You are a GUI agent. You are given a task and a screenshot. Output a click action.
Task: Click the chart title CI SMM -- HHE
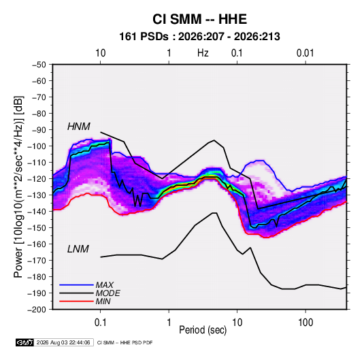coord(199,19)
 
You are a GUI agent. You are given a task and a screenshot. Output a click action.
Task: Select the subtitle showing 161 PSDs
coord(199,37)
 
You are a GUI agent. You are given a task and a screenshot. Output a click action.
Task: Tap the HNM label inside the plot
coord(79,127)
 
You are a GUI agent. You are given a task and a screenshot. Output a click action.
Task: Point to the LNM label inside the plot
coord(78,249)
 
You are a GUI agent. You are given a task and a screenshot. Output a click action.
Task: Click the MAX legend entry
coord(105,285)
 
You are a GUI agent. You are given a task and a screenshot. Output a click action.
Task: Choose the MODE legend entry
coord(107,293)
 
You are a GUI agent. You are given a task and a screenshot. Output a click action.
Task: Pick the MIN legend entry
coord(103,301)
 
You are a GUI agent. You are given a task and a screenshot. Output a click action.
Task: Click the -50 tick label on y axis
coord(39,65)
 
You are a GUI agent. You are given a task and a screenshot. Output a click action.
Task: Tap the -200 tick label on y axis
coord(37,310)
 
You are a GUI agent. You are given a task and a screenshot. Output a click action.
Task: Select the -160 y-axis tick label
coord(37,244)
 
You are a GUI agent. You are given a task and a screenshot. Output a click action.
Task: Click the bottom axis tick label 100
coord(305,323)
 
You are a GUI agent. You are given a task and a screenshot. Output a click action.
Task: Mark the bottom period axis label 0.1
coord(100,323)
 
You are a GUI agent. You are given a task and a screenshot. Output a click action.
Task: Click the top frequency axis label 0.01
coord(305,53)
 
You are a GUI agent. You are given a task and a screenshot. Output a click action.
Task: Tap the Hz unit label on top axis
coord(203,53)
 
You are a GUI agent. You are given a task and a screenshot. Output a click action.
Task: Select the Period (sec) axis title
coord(203,330)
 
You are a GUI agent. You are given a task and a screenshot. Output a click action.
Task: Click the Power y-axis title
coord(18,186)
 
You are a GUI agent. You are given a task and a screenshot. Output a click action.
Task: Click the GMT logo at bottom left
coord(25,342)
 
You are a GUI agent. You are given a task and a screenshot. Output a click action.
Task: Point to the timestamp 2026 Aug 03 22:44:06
coord(63,342)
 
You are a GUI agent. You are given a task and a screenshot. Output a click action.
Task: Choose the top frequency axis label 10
coord(101,53)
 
